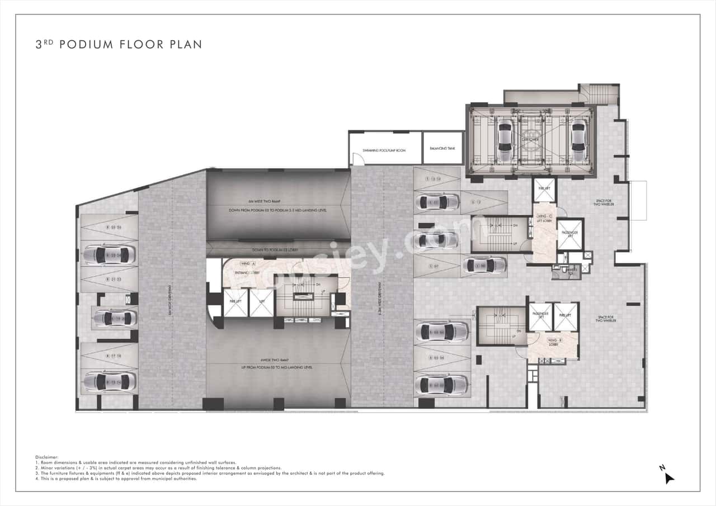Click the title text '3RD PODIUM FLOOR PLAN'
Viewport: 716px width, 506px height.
[118, 44]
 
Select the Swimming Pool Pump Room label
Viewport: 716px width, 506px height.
[384, 151]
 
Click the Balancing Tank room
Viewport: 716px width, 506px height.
[442, 148]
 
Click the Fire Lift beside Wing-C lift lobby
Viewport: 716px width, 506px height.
[544, 190]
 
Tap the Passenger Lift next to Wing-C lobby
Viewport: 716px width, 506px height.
[570, 234]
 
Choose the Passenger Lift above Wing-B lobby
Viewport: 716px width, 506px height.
[540, 316]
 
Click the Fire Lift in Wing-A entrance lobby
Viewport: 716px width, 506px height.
[235, 303]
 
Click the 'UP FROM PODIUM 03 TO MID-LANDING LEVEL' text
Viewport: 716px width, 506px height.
[278, 367]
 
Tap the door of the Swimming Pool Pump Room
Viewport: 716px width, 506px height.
[359, 159]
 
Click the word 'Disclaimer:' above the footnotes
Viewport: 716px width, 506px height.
[47, 457]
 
